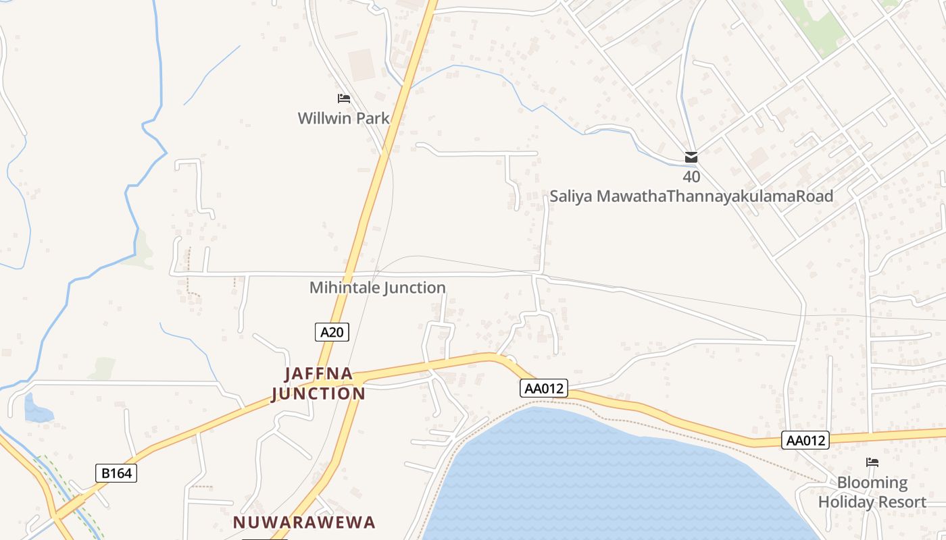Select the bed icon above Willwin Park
click(344, 99)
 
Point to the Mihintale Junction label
click(378, 288)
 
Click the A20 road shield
click(332, 332)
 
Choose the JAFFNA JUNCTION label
click(318, 383)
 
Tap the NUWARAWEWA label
click(304, 522)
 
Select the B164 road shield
click(116, 473)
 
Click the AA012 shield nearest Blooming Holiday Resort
click(806, 441)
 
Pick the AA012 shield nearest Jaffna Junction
click(543, 388)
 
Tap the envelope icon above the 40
click(691, 158)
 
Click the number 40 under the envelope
click(691, 178)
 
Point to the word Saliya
click(572, 196)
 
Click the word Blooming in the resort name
click(872, 483)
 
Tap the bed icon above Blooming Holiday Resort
click(872, 462)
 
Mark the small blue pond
click(37, 410)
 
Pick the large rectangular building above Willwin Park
click(362, 65)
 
